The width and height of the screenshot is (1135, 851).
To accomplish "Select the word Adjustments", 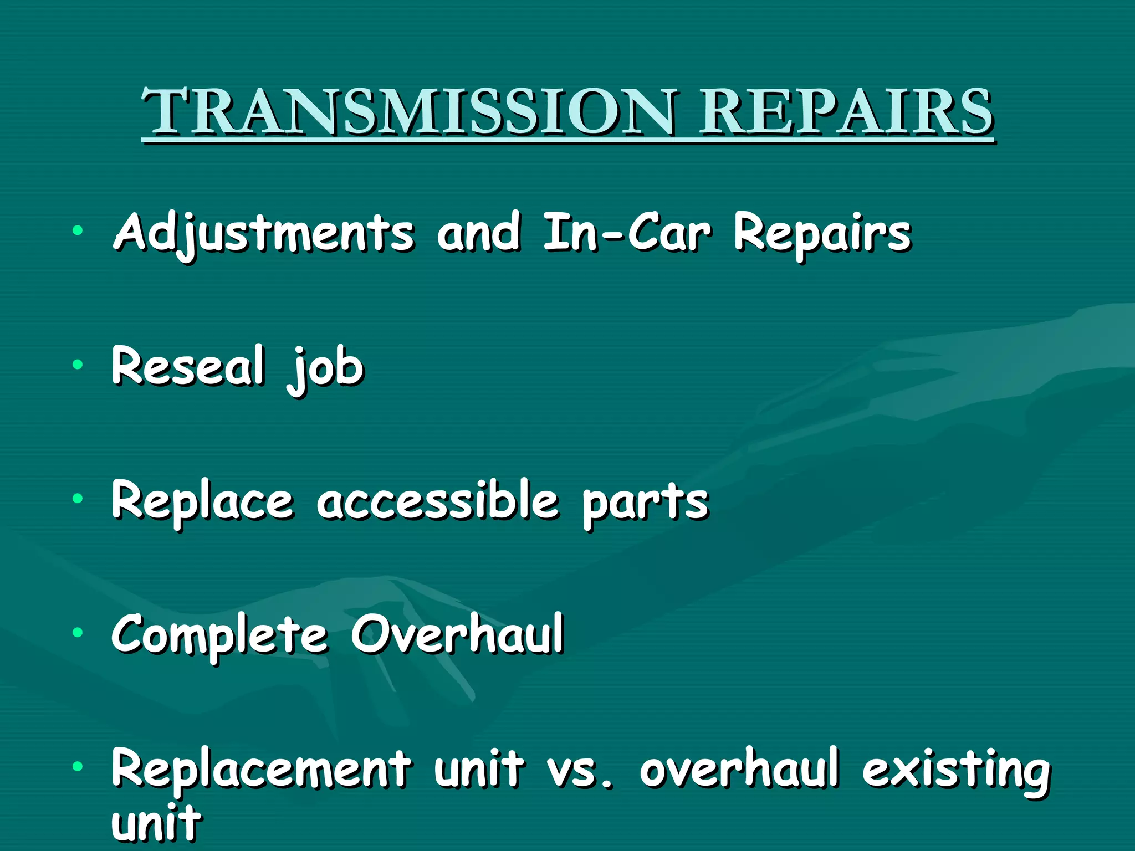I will (x=264, y=233).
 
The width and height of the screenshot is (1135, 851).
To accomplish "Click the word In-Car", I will (x=626, y=233).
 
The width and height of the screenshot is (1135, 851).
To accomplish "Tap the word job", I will (x=326, y=368).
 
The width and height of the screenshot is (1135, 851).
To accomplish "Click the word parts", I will (x=646, y=503).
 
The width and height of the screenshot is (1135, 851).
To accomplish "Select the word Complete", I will (x=219, y=635).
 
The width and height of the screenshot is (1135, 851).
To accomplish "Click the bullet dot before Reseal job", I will (x=78, y=365).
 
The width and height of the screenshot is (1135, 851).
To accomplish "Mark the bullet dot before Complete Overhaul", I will (x=78, y=632).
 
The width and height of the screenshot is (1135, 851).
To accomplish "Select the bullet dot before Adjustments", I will (x=78, y=230).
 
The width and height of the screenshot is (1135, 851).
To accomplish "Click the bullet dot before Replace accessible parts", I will (x=78, y=498).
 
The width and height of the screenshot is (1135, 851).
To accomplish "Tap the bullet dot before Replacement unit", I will (x=78, y=766).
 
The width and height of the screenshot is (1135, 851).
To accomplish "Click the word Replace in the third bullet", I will (x=202, y=501).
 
